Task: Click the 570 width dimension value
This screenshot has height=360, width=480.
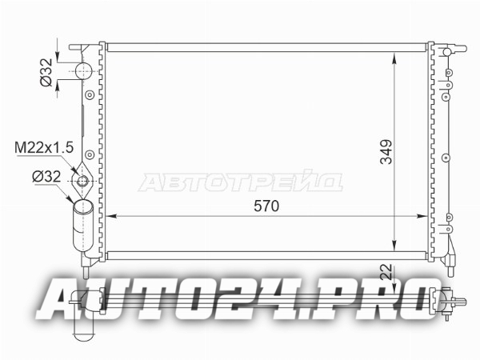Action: pyautogui.click(x=266, y=206)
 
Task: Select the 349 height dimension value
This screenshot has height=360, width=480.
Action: pyautogui.click(x=386, y=152)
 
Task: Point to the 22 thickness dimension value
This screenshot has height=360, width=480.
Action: pyautogui.click(x=387, y=271)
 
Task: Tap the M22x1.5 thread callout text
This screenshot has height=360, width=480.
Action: pyautogui.click(x=44, y=147)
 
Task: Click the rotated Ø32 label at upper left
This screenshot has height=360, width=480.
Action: pyautogui.click(x=46, y=73)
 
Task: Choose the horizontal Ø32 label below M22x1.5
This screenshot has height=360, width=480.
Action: pyautogui.click(x=46, y=177)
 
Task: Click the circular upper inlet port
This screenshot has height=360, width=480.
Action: pyautogui.click(x=83, y=70)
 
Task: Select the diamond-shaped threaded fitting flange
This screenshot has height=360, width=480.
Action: pyautogui.click(x=82, y=181)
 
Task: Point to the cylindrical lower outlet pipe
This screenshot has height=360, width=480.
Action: pyautogui.click(x=82, y=226)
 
